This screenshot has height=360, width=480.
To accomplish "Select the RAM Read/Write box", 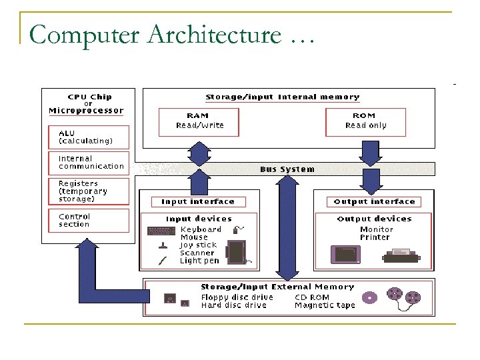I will [199, 121].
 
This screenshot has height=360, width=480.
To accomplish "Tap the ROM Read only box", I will [365, 121].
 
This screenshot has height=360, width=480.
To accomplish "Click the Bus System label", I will [287, 169].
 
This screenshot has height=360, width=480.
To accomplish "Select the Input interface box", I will [198, 201].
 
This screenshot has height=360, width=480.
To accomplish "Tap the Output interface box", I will [374, 201].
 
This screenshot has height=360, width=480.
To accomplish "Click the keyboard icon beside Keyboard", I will [161, 231].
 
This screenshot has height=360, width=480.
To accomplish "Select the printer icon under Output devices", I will [400, 255].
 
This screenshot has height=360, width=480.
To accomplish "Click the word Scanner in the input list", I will [197, 253].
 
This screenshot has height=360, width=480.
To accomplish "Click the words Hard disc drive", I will [233, 305].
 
